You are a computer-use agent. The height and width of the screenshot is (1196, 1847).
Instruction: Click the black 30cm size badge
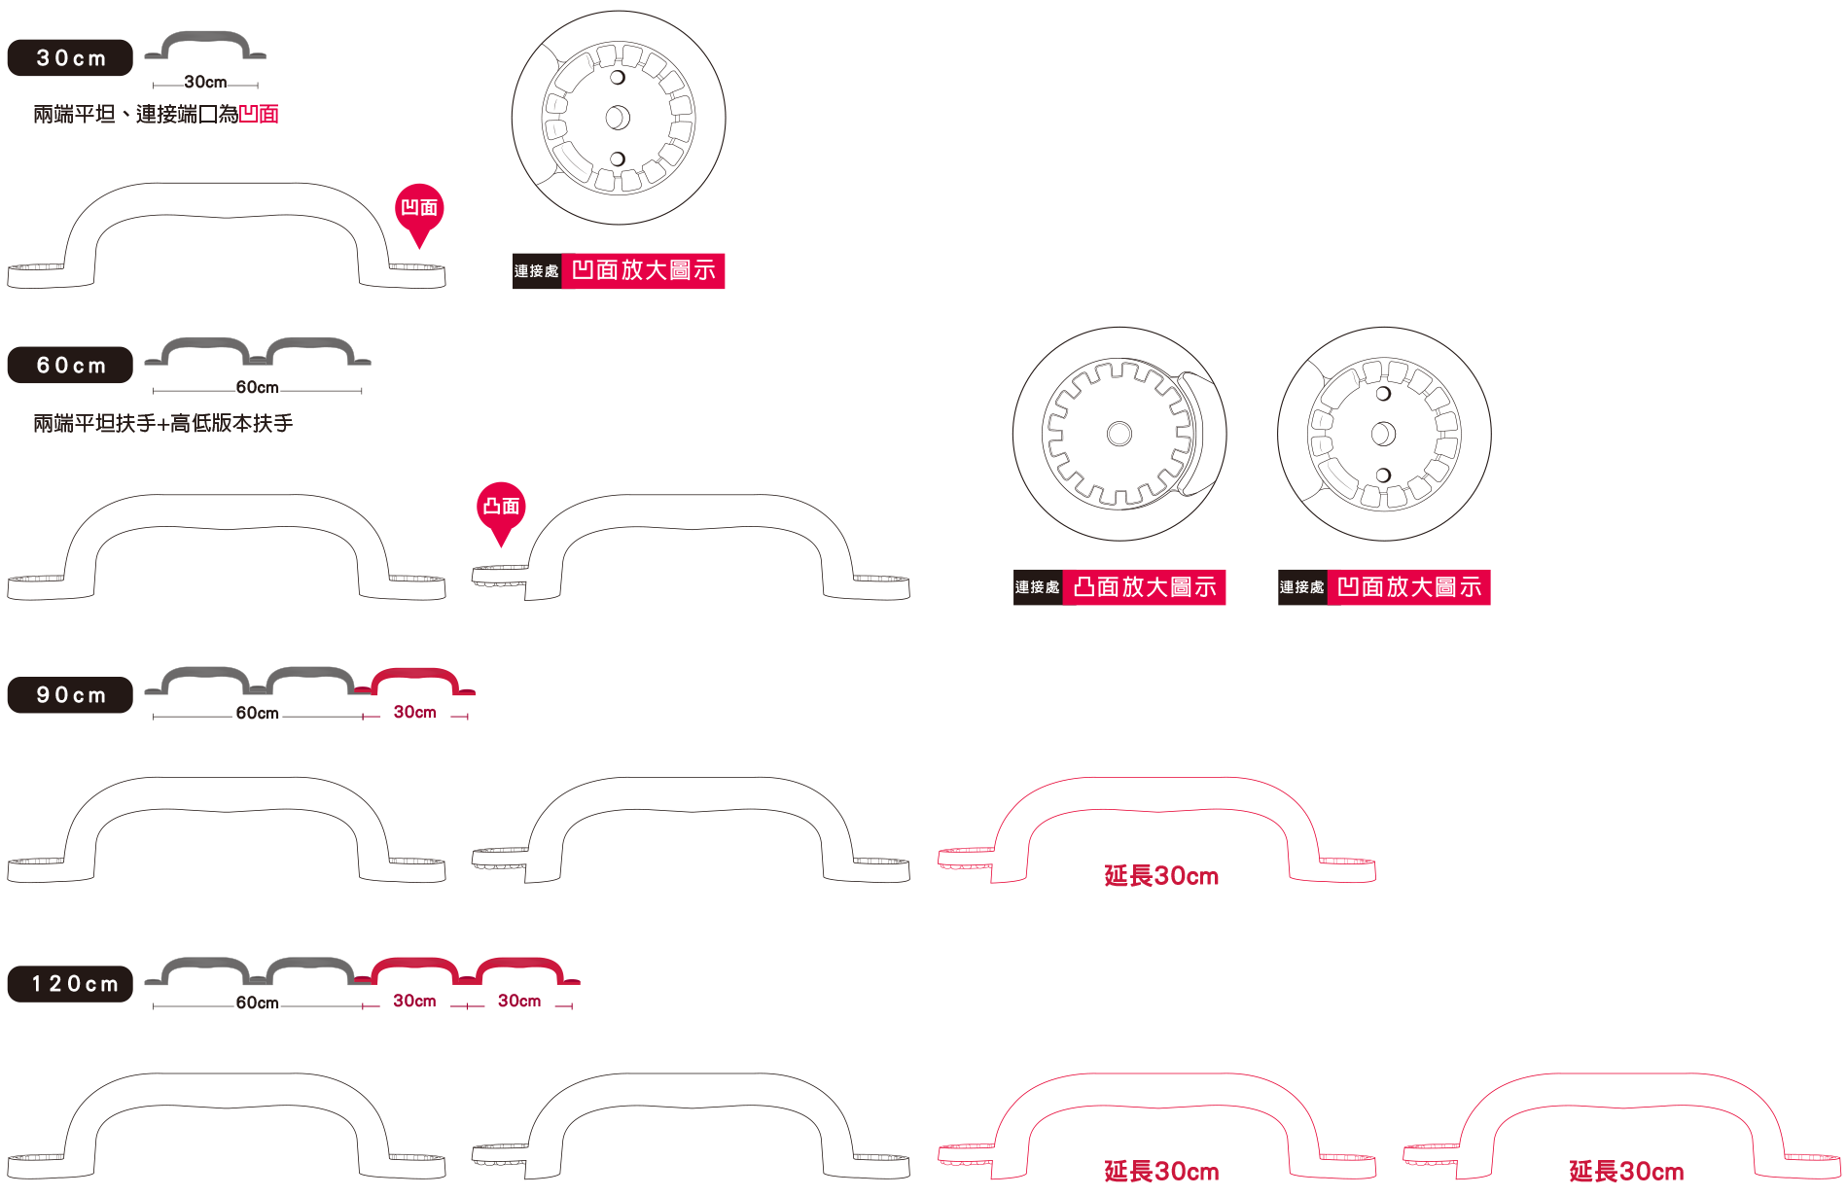[70, 57]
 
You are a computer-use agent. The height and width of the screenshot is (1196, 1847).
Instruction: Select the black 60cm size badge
[70, 365]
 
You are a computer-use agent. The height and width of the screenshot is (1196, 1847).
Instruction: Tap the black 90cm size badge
[70, 694]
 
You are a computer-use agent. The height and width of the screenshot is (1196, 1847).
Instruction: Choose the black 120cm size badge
[70, 983]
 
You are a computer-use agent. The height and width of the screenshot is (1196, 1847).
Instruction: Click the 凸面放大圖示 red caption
[1144, 587]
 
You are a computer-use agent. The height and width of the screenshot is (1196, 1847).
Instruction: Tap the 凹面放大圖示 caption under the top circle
[643, 270]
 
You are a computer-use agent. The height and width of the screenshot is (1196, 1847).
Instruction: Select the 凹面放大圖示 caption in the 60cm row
[1408, 587]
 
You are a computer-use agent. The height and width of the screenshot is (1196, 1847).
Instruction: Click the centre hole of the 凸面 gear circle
[1119, 433]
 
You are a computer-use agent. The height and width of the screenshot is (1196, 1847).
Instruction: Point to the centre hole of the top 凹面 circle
[618, 118]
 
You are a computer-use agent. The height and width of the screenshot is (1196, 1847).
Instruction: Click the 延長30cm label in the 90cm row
[1161, 876]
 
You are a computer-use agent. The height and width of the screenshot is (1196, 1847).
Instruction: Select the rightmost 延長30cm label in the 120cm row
[1626, 1172]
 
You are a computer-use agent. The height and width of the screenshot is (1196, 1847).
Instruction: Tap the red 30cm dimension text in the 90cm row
[414, 712]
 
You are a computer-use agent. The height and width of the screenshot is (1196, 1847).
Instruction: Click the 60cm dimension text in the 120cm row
[257, 1003]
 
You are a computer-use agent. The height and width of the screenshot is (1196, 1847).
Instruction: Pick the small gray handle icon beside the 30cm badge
[205, 46]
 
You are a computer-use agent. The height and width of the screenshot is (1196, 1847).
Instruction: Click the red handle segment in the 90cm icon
[414, 681]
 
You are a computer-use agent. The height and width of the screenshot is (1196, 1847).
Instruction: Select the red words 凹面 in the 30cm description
[259, 115]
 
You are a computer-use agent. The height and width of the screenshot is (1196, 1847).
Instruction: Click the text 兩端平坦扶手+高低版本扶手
[163, 423]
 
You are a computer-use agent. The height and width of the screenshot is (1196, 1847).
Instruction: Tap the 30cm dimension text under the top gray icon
[205, 82]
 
